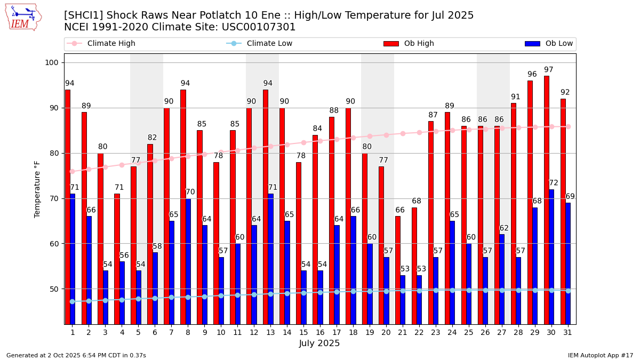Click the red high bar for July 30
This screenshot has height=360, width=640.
click(547, 200)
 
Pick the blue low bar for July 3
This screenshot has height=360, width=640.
click(106, 297)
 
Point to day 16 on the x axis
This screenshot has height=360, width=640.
click(319, 332)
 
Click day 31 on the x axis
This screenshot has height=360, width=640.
click(567, 332)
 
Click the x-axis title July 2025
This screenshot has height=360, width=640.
click(319, 343)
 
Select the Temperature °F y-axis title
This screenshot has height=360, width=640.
click(37, 189)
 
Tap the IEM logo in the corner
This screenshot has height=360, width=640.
click(23, 17)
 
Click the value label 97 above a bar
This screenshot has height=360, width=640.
click(549, 70)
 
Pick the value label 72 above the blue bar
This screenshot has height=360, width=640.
click(554, 183)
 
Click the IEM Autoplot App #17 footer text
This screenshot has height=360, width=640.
click(600, 355)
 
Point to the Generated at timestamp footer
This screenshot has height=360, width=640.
click(76, 355)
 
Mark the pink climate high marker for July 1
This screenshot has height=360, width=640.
click(72, 171)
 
